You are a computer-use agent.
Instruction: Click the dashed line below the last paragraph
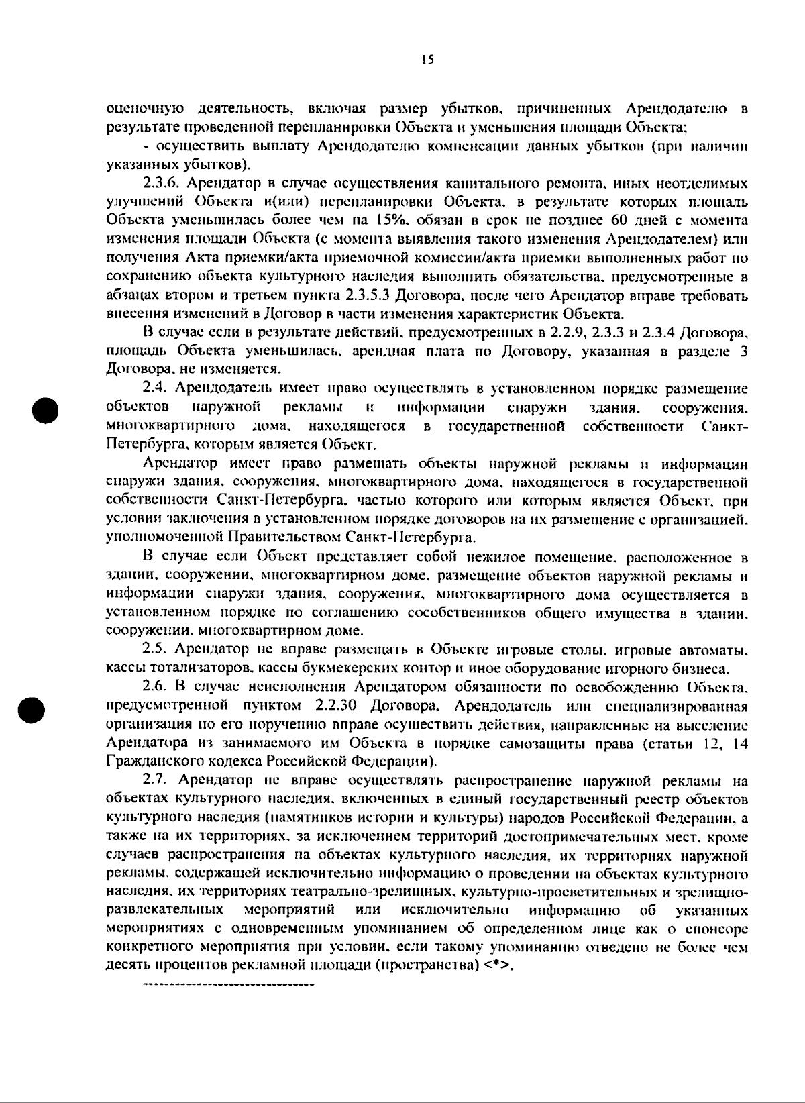coord(229,985)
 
